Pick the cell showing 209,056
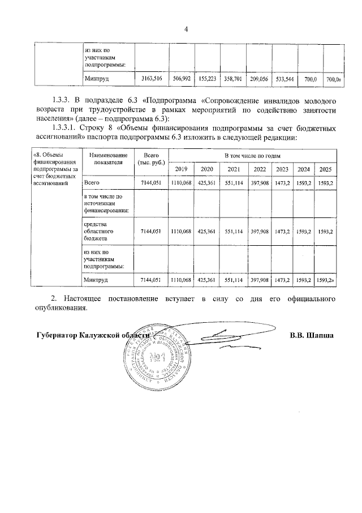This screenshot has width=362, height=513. pyautogui.click(x=258, y=80)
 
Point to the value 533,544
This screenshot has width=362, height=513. pyautogui.click(x=285, y=80)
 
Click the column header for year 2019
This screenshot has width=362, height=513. pyautogui.click(x=181, y=169)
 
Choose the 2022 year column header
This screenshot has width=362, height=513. pyautogui.click(x=260, y=169)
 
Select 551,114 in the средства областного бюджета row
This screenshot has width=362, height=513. pyautogui.click(x=233, y=232)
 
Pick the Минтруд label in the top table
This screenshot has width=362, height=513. pyautogui.click(x=96, y=80)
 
